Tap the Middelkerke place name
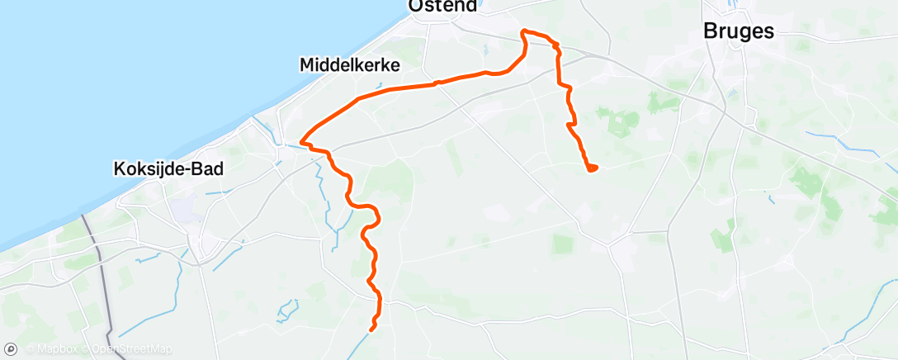pos(350,64)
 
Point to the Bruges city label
pos(739,31)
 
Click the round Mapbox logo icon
pos(12,349)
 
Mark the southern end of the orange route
pos(372,329)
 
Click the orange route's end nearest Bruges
pos(593,169)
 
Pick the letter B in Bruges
pos(710,31)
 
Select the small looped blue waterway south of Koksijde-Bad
pos(287,310)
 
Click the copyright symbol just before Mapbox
pos(30,349)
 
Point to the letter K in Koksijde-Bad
pos(116,169)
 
